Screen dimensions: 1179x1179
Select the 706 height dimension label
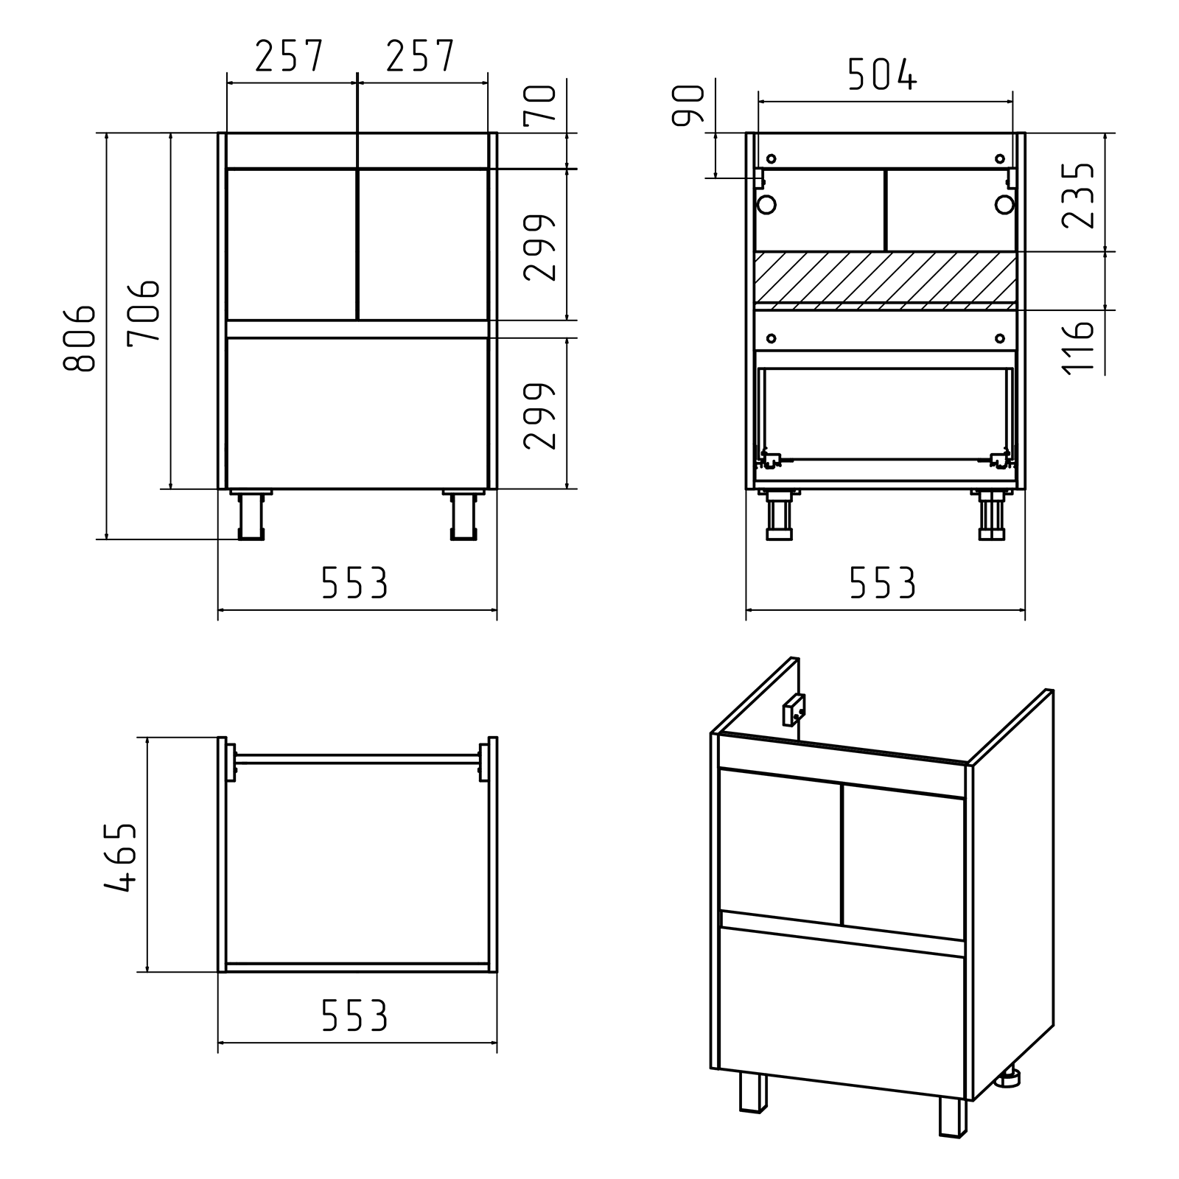click(x=143, y=310)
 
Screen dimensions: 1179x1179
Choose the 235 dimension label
click(x=1078, y=195)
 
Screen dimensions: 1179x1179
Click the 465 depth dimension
click(x=120, y=858)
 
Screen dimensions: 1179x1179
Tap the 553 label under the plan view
click(x=354, y=1018)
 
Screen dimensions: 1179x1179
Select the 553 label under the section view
click(x=882, y=584)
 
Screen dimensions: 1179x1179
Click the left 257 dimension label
click(x=290, y=56)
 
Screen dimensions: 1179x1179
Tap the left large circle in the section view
click(x=766, y=204)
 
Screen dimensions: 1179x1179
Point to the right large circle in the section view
click(x=1004, y=204)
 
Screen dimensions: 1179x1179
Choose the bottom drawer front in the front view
click(x=357, y=413)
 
